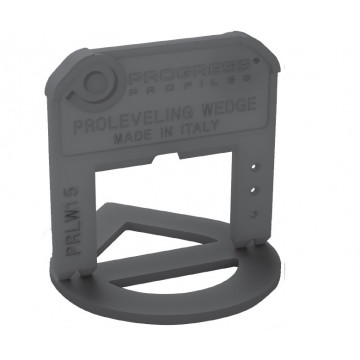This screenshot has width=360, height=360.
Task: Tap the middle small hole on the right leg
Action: pyautogui.click(x=256, y=186)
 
